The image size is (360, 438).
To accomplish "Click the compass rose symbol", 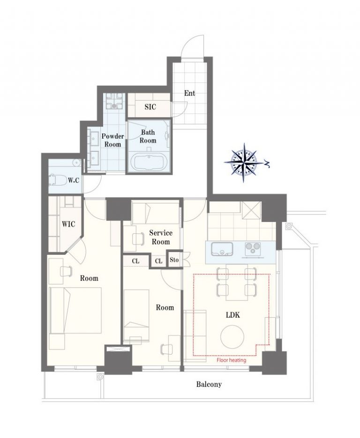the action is (243, 162).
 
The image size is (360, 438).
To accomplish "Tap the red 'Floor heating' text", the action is (232, 360).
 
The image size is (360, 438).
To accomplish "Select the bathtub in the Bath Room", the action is (148, 163).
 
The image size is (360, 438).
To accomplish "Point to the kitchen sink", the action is (222, 249).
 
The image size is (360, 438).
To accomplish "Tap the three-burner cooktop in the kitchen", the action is (253, 249).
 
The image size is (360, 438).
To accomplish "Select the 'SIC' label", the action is (150, 107).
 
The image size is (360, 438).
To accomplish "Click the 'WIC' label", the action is (68, 224).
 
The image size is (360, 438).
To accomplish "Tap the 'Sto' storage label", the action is (174, 260).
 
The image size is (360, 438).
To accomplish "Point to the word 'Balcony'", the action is (209, 385).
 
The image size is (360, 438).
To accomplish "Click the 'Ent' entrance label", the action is (189, 93).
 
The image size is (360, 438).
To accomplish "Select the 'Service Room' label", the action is (161, 237).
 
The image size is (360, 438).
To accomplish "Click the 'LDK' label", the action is (233, 315).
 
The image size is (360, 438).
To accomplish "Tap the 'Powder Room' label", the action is (112, 140).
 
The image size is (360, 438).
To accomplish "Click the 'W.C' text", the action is (74, 180).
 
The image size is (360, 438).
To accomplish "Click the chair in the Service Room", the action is (138, 238).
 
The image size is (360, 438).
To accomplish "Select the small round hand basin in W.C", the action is (76, 163).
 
